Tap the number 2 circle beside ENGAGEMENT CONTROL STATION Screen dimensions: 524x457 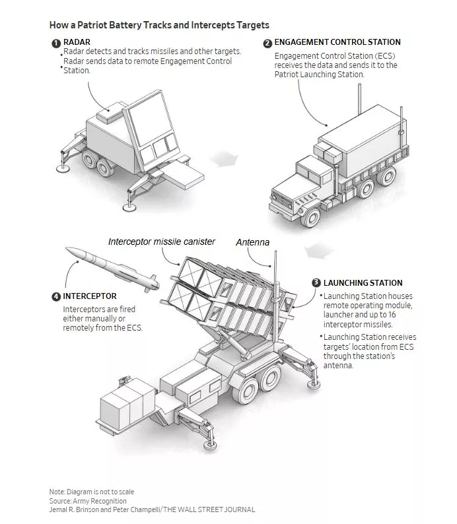coord(267,43)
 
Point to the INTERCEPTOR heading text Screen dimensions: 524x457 coord(90,296)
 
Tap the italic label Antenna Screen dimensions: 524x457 coord(252,243)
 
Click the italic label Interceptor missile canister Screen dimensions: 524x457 coord(162,242)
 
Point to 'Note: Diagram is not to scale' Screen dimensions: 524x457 coord(91,492)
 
